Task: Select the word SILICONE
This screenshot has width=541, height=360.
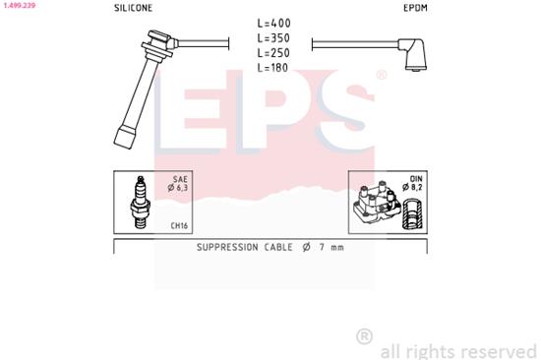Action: click(133, 8)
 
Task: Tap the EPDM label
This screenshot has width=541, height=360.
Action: click(413, 8)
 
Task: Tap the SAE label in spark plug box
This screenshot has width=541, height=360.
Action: click(180, 180)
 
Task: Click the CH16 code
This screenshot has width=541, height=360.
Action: click(179, 225)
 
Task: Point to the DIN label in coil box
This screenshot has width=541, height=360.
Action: click(415, 180)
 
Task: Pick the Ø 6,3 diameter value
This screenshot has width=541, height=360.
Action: click(178, 189)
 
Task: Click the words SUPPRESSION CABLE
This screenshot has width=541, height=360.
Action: click(240, 247)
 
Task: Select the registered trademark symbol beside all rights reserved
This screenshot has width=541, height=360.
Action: click(364, 335)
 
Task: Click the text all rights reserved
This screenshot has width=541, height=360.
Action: click(458, 350)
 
